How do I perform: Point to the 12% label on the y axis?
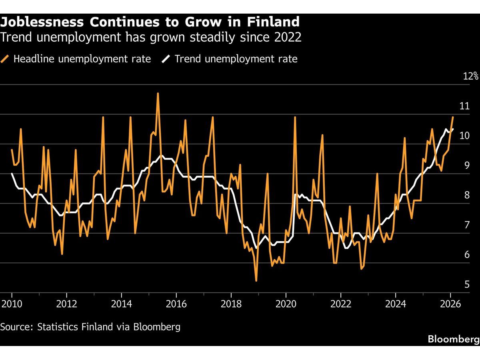(470, 76)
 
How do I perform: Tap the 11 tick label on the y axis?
(464, 106)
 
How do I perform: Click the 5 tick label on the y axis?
(466, 285)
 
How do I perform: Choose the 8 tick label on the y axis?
(466, 195)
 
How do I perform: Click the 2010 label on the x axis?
(12, 303)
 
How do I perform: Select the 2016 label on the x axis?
(176, 303)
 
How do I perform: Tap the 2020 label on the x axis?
(286, 303)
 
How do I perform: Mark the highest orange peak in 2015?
(158, 93)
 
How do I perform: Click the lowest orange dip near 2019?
(256, 281)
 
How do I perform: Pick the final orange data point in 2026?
(453, 117)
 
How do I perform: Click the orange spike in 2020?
(295, 117)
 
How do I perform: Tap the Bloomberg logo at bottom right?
(453, 339)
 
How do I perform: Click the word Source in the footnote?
(16, 327)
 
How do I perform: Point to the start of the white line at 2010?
(12, 173)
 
